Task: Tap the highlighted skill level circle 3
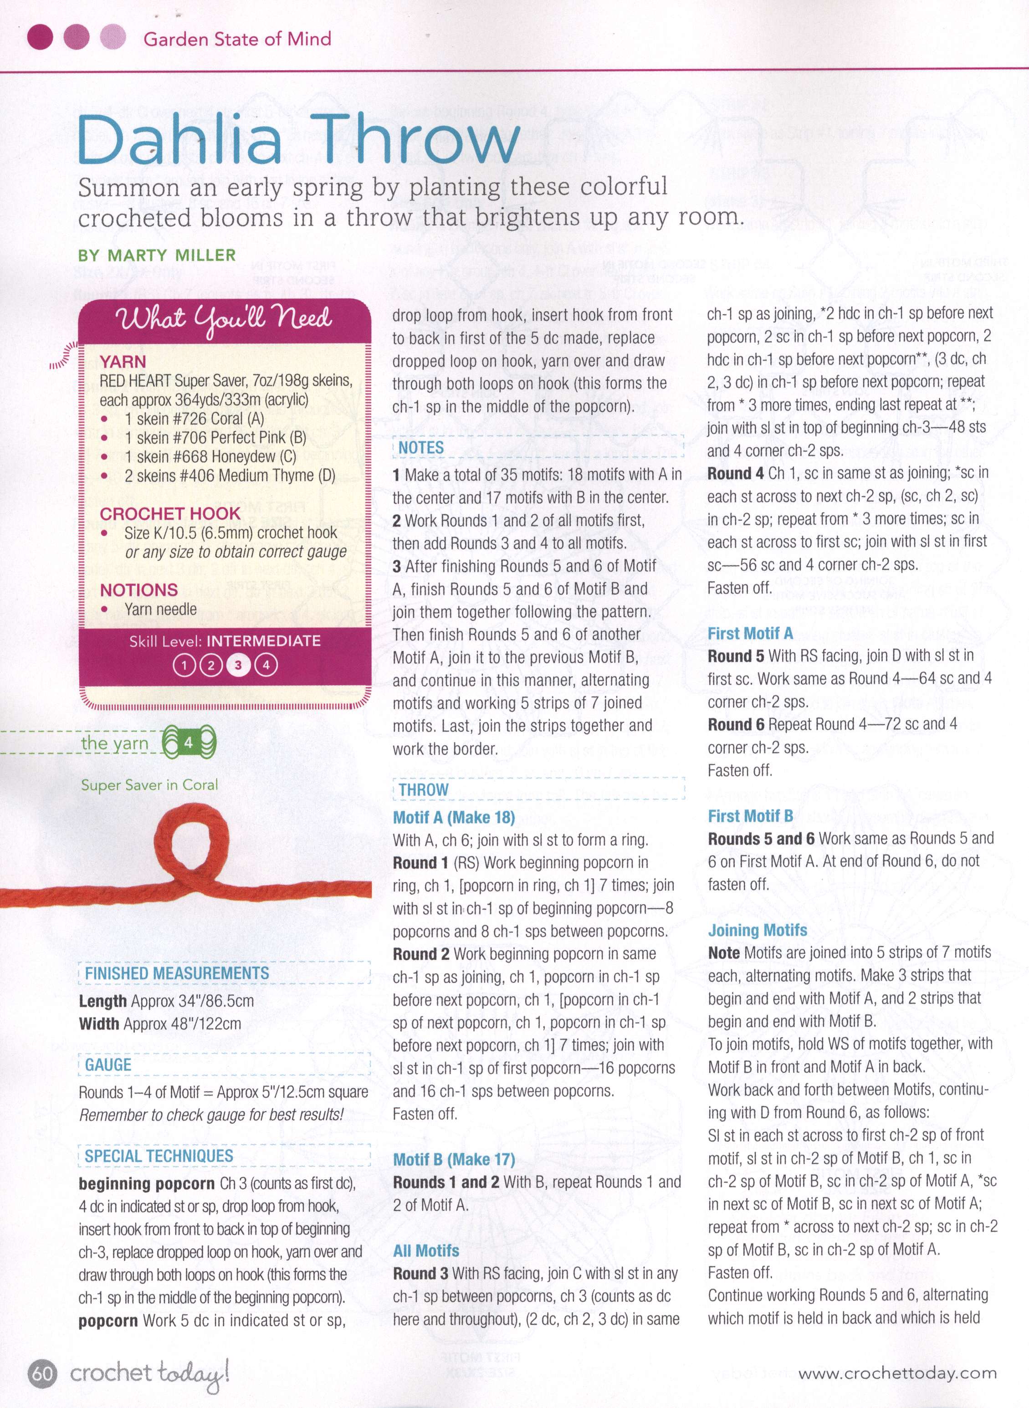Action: click(238, 666)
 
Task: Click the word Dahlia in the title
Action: click(181, 138)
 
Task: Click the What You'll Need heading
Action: click(223, 319)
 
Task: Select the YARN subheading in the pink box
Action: click(123, 362)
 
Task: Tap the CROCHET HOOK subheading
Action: click(169, 514)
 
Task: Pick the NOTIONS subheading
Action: click(138, 590)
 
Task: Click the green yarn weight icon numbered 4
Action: click(189, 742)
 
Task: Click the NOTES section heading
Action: click(421, 448)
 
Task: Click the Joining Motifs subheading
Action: click(758, 930)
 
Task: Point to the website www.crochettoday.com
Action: click(897, 1373)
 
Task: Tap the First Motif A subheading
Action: click(750, 633)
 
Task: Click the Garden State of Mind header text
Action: click(237, 39)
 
